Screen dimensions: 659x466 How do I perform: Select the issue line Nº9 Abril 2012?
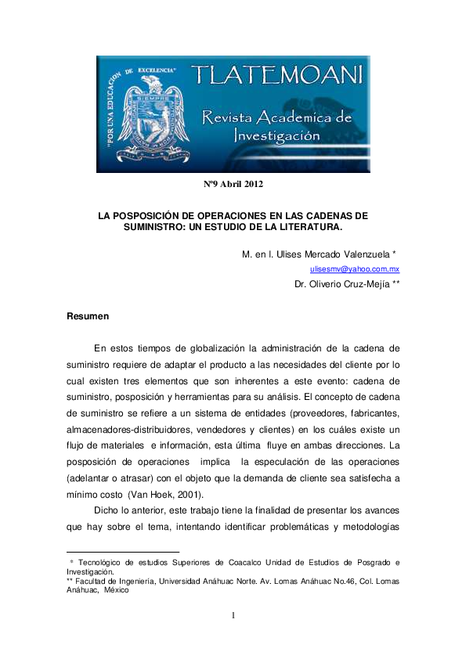(233, 185)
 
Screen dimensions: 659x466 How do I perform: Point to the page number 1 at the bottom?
(233, 616)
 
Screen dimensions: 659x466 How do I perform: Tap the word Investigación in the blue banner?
(277, 135)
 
